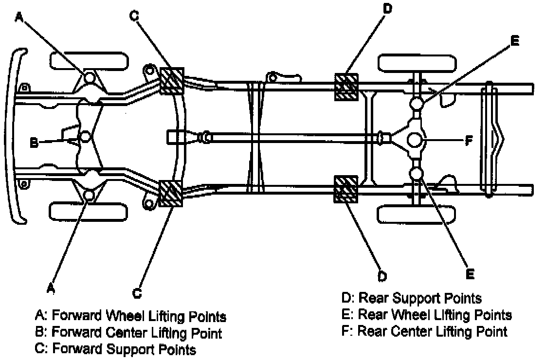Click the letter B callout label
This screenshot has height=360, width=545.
point(34,143)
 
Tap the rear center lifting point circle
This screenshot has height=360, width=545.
point(416,140)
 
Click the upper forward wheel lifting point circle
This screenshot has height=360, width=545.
point(89,77)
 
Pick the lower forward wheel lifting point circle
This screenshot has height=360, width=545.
point(89,196)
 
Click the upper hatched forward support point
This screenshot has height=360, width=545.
point(172,81)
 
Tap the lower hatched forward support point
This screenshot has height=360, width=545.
point(171,194)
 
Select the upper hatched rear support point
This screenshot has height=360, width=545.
point(346,87)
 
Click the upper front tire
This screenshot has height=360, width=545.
point(90,60)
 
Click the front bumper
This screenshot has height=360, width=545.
point(18,136)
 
